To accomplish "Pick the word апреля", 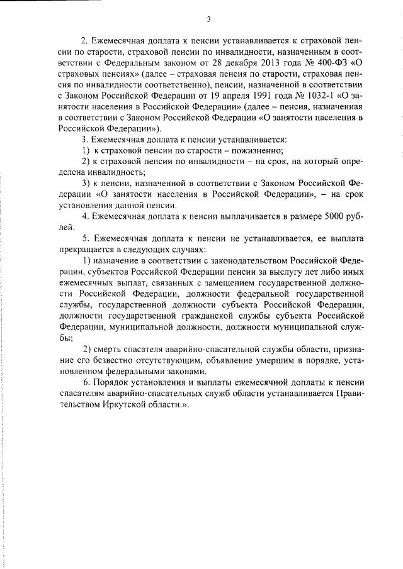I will pos(232,96).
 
